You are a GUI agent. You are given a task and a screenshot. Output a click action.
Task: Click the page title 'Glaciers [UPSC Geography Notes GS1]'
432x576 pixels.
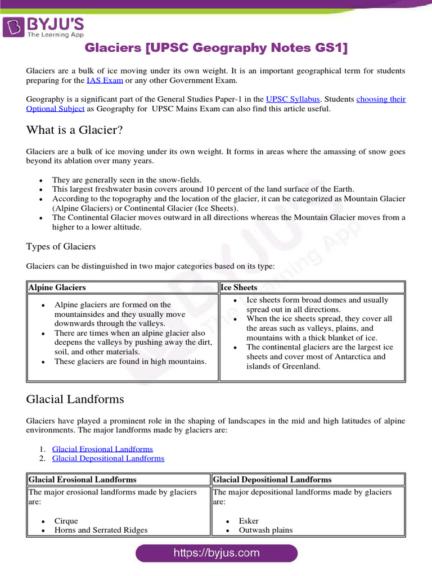click(x=216, y=48)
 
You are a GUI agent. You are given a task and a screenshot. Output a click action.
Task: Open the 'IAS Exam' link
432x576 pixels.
click(x=105, y=80)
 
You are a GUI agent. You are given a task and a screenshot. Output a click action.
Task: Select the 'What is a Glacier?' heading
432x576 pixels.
click(x=74, y=130)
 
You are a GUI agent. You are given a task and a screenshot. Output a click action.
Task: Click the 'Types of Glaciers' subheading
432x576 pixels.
click(x=61, y=246)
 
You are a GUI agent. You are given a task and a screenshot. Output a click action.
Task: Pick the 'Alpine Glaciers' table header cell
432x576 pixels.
click(x=57, y=287)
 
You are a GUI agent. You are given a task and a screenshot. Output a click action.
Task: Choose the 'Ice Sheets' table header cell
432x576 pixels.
click(x=239, y=287)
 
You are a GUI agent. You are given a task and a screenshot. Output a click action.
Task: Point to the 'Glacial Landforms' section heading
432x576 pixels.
click(x=75, y=399)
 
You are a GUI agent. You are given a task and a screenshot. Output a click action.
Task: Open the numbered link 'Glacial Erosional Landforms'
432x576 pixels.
click(x=102, y=449)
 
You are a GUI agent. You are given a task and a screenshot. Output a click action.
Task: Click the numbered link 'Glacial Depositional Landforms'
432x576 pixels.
click(x=108, y=458)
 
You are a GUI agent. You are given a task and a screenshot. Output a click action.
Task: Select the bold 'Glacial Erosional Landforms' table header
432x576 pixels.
click(x=83, y=480)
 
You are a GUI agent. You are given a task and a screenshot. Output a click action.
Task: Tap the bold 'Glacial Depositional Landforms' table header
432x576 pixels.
click(x=272, y=480)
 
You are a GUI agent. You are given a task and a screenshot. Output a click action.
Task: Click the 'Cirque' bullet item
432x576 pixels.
click(x=66, y=521)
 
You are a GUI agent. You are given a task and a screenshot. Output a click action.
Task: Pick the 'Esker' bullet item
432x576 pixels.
click(x=249, y=521)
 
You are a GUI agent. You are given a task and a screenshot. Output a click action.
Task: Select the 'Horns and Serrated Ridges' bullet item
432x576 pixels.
click(x=101, y=530)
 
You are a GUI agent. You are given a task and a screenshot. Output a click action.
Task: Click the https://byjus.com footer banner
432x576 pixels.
click(x=217, y=553)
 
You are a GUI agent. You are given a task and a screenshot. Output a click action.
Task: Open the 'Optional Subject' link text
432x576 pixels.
click(x=55, y=109)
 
